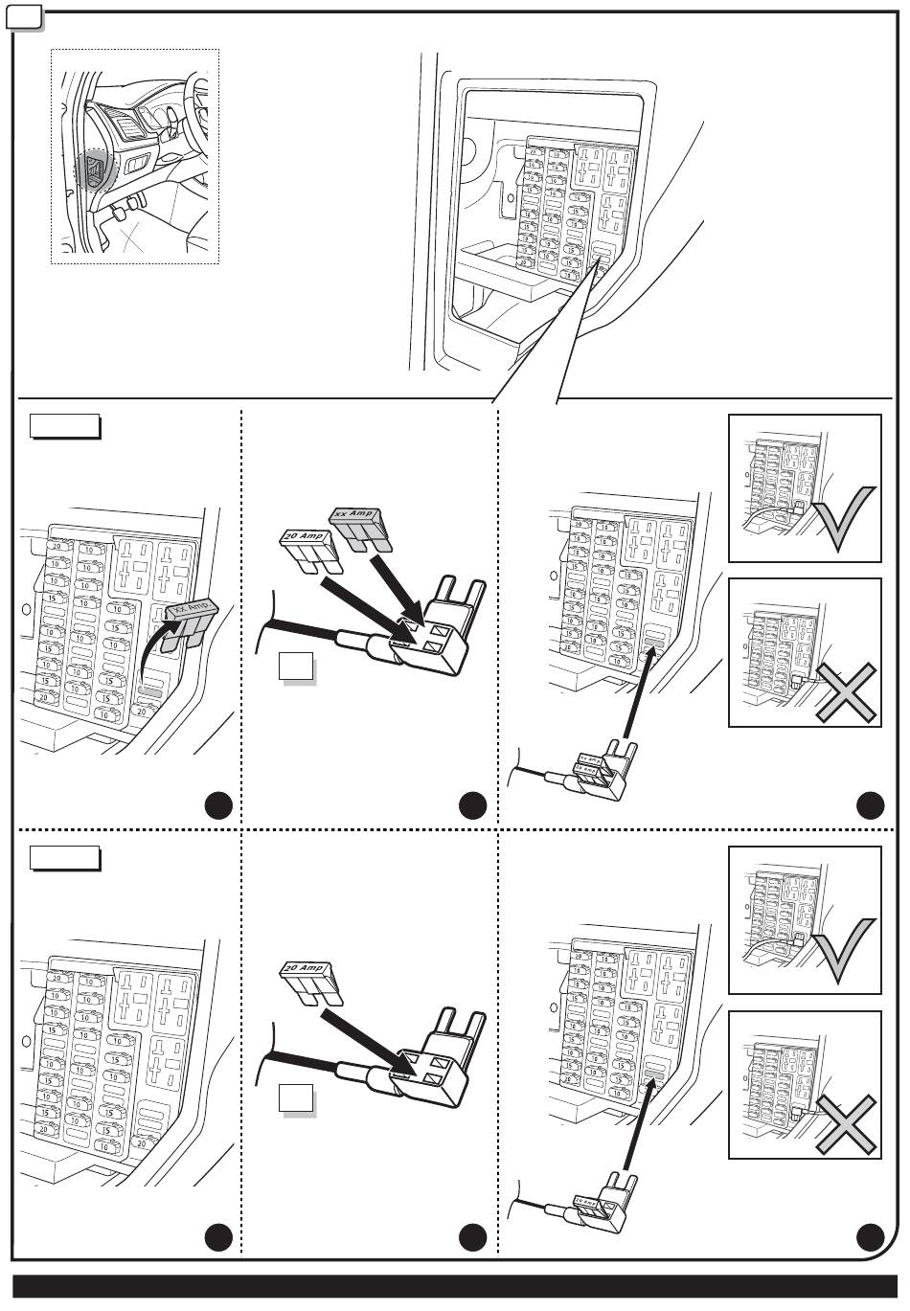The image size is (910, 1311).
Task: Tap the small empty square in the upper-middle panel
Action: coord(296,667)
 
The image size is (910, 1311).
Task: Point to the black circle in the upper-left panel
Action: coord(219,806)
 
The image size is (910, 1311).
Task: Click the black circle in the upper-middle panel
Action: coord(472,806)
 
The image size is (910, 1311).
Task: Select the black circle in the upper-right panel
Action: coord(870,806)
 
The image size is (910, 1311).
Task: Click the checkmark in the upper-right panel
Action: coord(843,518)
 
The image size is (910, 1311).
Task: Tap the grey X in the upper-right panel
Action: coord(847,691)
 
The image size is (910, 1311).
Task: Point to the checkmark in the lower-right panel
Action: coord(843,951)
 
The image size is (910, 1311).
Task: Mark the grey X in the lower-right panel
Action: coord(847,1124)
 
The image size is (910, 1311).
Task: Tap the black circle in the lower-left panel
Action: coord(219,1238)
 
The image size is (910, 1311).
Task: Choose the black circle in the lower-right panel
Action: coord(870,1238)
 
